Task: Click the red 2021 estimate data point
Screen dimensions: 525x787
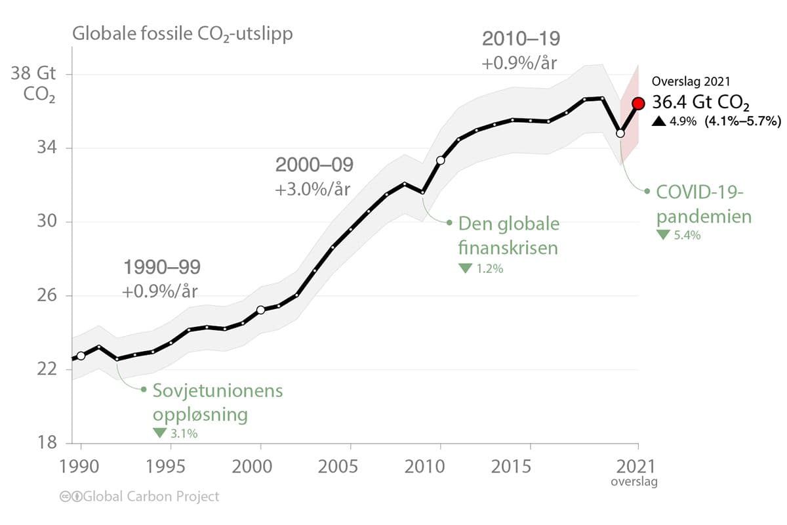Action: point(638,104)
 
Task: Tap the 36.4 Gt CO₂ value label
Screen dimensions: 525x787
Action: point(700,103)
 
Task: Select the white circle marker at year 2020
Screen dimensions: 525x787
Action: point(620,133)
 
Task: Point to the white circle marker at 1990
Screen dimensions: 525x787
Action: point(81,356)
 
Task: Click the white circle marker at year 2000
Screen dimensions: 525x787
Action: point(260,310)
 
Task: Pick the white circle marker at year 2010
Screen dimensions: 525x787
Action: point(440,160)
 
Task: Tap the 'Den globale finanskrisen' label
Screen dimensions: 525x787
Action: point(508,236)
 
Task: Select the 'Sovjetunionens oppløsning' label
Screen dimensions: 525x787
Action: point(217,403)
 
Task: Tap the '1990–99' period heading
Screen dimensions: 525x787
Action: point(161,267)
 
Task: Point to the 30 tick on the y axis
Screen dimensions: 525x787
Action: point(47,222)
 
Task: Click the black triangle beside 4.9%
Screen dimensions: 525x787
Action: point(658,121)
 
